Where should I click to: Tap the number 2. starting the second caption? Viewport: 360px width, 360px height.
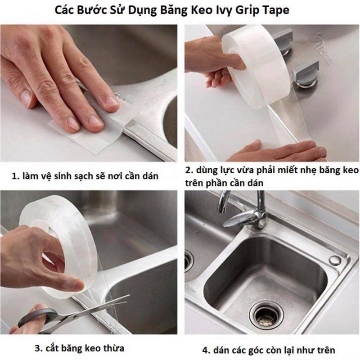(x=189, y=171)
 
